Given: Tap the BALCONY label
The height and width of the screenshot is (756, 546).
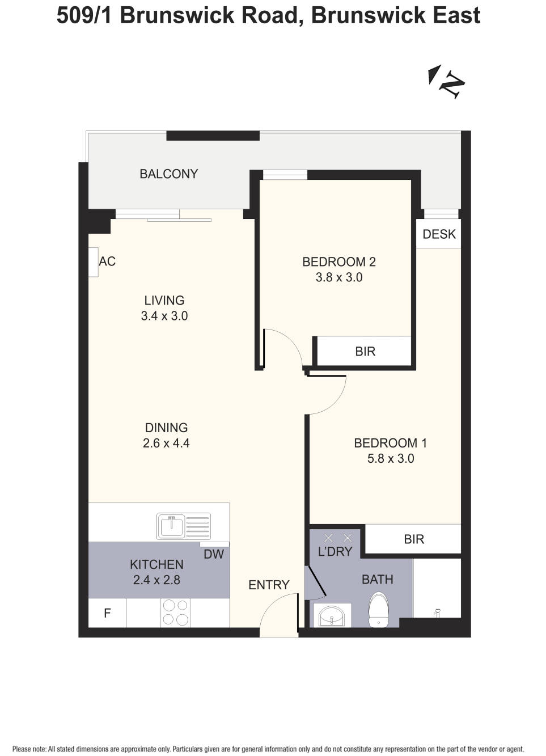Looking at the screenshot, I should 168,174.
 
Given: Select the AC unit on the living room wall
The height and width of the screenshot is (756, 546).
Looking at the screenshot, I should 94,262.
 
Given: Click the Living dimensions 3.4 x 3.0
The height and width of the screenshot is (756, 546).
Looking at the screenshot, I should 164,316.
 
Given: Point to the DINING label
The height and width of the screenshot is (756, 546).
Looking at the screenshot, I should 166,428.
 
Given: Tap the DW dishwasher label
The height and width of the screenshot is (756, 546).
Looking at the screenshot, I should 214,554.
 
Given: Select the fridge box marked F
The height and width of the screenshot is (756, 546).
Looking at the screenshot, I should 107,613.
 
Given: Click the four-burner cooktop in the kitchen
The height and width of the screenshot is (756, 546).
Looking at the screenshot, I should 176,613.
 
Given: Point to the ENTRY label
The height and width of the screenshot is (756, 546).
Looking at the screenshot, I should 269,585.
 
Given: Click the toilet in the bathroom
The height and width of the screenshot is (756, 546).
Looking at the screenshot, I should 378,610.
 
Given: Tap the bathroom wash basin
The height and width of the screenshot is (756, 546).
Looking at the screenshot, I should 332,615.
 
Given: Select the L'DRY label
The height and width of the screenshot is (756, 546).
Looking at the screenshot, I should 335,551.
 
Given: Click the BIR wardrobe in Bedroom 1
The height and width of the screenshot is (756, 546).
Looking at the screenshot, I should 413,539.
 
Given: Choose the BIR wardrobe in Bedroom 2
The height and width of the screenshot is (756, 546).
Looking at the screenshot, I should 365,352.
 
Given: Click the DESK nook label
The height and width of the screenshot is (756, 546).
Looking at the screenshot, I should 439,234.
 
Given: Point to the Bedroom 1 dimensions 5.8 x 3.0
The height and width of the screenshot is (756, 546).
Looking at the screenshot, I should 391,458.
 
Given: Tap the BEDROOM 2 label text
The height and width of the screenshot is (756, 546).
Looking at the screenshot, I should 338,261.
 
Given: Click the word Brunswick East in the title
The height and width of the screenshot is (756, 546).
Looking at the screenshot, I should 395,15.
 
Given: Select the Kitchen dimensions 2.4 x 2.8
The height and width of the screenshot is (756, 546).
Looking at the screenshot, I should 156,580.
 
